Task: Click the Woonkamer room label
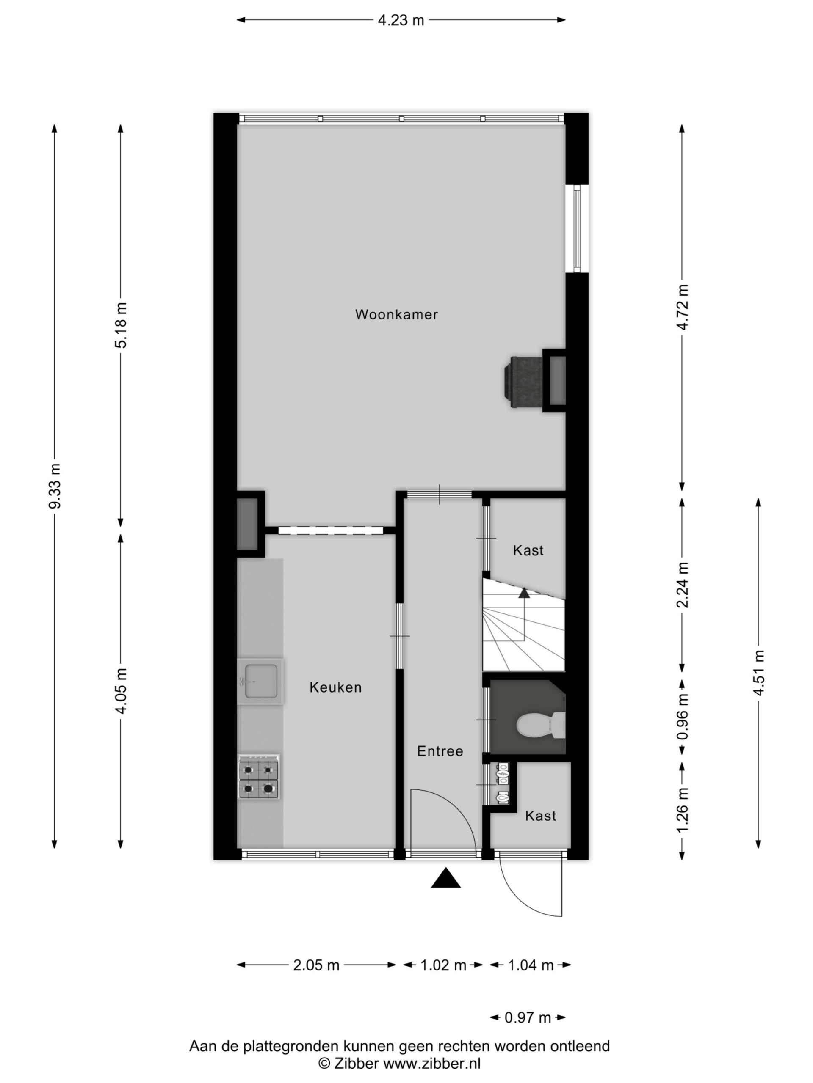tap(396, 314)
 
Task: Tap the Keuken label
tap(336, 687)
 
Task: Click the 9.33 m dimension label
tap(55, 486)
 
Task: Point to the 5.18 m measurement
tap(121, 325)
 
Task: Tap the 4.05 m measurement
tap(121, 690)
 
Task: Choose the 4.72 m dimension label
tap(682, 307)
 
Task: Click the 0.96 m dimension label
tap(682, 717)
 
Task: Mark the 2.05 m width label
tap(316, 965)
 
